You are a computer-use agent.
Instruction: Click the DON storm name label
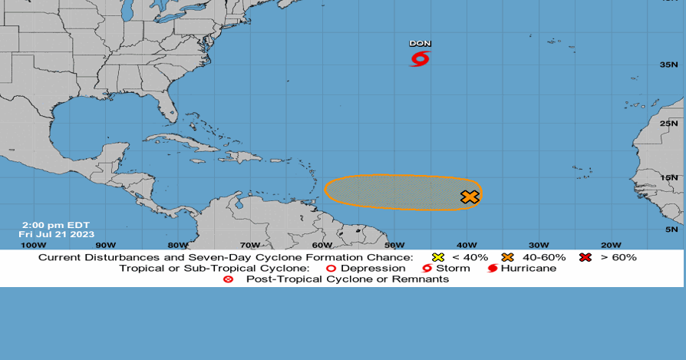(x=420, y=44)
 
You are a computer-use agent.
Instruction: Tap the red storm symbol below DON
(x=420, y=58)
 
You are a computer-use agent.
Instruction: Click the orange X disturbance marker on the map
(x=470, y=197)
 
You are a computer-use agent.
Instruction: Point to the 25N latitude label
(x=669, y=124)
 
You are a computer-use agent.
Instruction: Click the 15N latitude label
(x=669, y=177)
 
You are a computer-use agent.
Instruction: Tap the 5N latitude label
(x=671, y=229)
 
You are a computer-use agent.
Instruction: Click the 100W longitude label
(x=33, y=245)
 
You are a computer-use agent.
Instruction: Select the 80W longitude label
(x=177, y=245)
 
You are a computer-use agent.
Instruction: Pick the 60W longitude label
(x=322, y=245)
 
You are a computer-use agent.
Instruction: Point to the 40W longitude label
(x=467, y=245)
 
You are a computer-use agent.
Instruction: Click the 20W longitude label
(x=611, y=245)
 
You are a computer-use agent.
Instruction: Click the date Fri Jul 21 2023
(x=57, y=234)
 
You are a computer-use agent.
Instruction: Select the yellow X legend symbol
(x=438, y=257)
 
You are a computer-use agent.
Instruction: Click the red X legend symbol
(x=585, y=257)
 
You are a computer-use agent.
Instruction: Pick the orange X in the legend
(x=507, y=257)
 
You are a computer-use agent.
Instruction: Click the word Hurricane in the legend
(x=529, y=268)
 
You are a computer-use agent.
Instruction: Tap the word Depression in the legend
(x=373, y=268)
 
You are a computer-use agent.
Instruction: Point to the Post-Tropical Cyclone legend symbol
(x=228, y=279)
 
